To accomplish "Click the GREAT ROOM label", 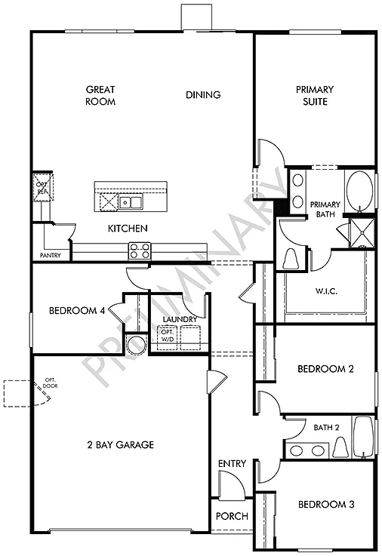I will tap(100, 95).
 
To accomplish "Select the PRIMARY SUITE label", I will tap(315, 95).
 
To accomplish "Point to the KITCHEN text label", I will tap(127, 228).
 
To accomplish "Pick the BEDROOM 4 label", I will tap(78, 310).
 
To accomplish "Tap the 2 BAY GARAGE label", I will tap(119, 445).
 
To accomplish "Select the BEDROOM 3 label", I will tap(325, 504).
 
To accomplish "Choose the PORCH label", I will tap(232, 517).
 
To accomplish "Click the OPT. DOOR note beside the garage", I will tap(51, 382).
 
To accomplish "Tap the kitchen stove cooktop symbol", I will tap(140, 249).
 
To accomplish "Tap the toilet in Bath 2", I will tap(340, 448).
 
